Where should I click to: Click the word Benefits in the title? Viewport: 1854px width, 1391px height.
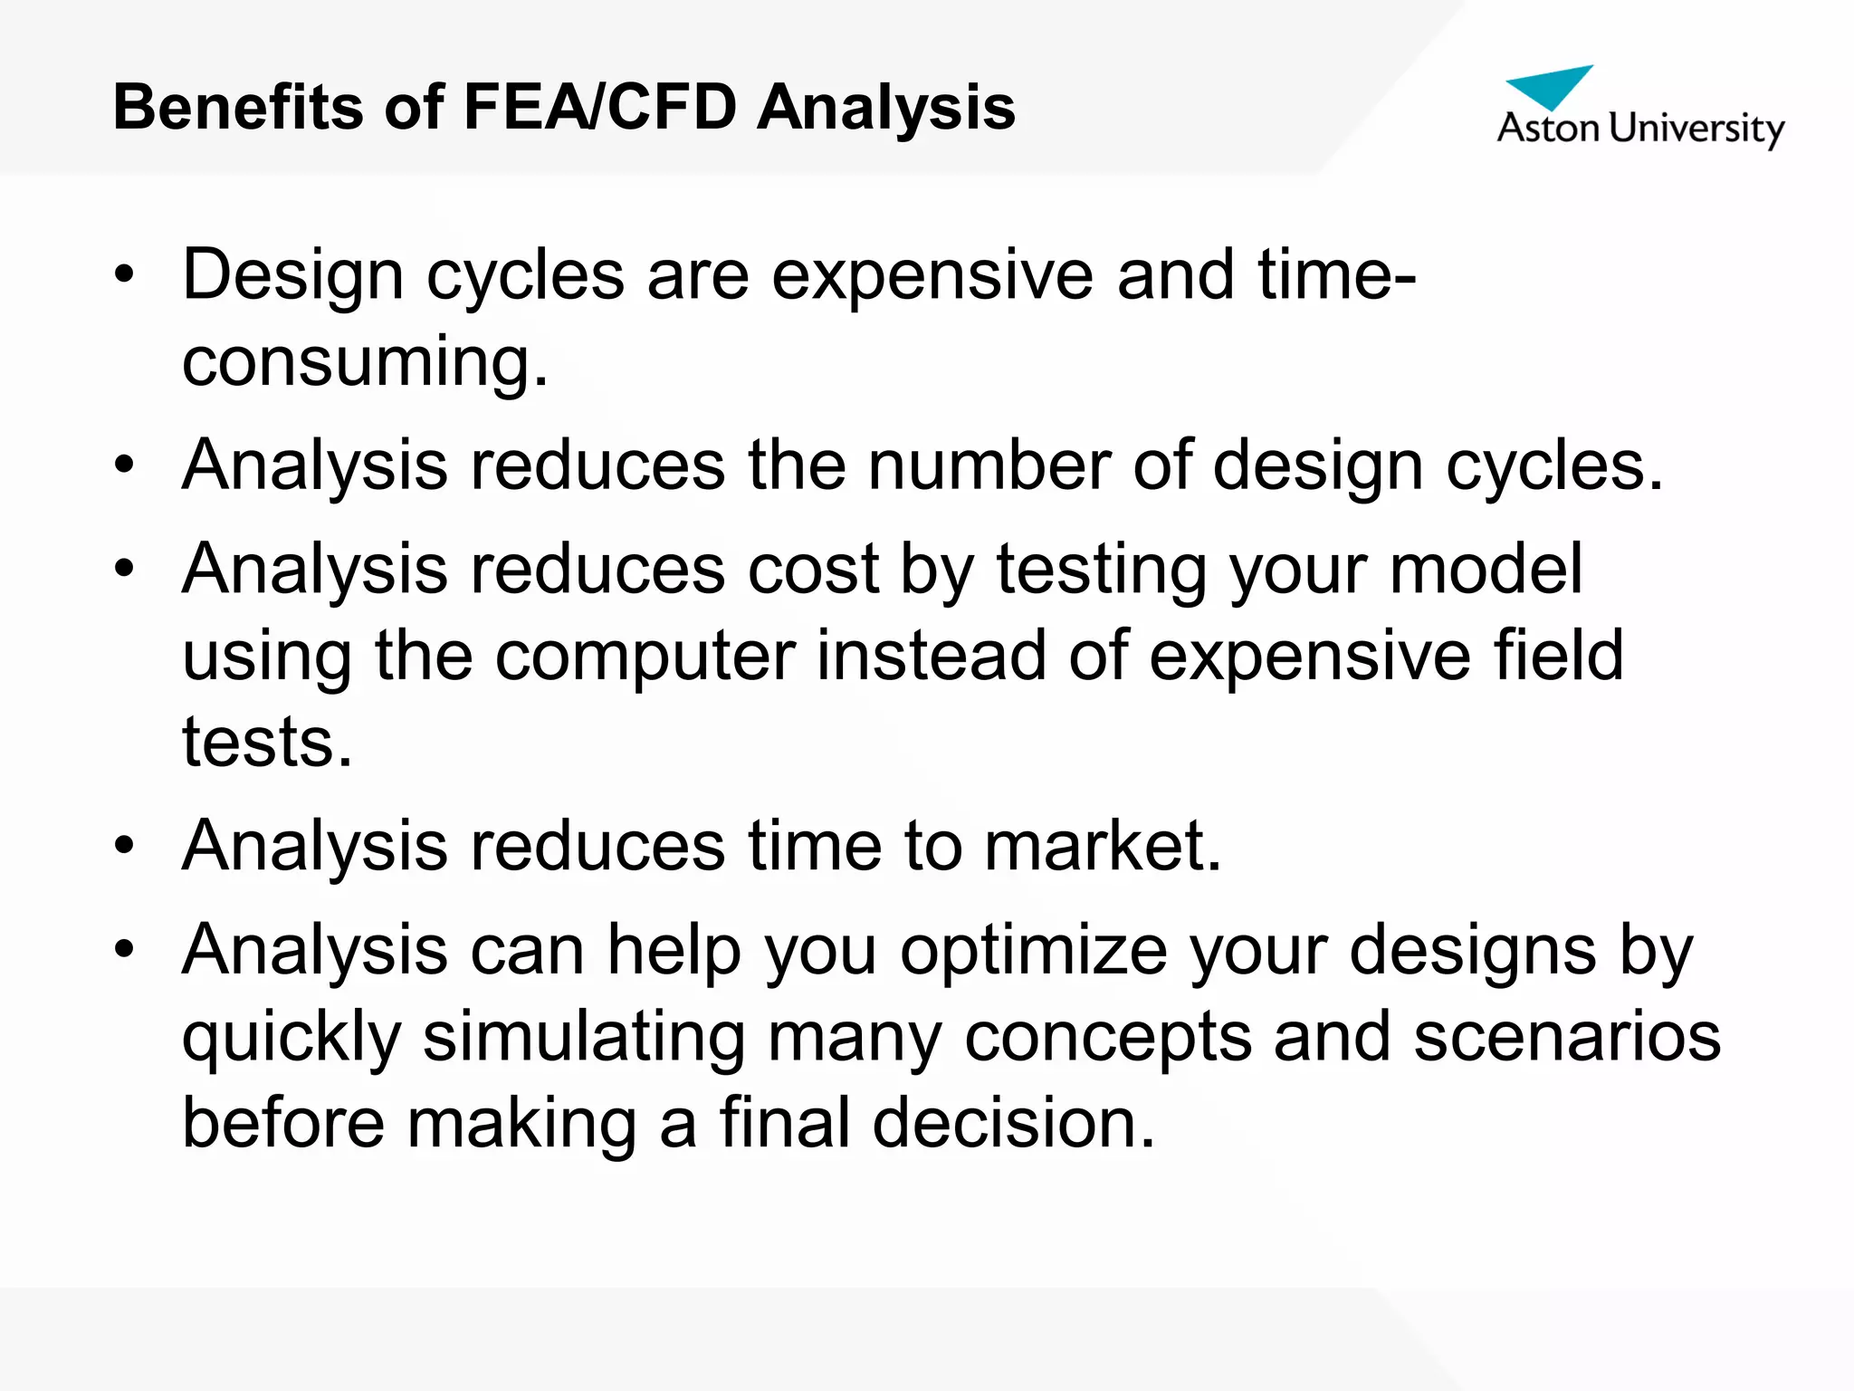[237, 107]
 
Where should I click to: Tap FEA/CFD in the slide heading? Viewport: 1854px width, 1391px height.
[599, 107]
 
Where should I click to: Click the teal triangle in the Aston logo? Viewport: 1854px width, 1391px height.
[1549, 84]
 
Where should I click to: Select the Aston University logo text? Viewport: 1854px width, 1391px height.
[1639, 129]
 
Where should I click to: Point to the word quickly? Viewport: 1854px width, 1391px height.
[291, 1038]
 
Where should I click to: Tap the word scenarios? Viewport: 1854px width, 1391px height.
[1566, 1038]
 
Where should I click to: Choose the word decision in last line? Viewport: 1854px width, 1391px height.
[1013, 1123]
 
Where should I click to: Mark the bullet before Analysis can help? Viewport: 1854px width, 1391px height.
[124, 950]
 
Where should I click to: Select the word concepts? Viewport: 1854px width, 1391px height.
[1108, 1038]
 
